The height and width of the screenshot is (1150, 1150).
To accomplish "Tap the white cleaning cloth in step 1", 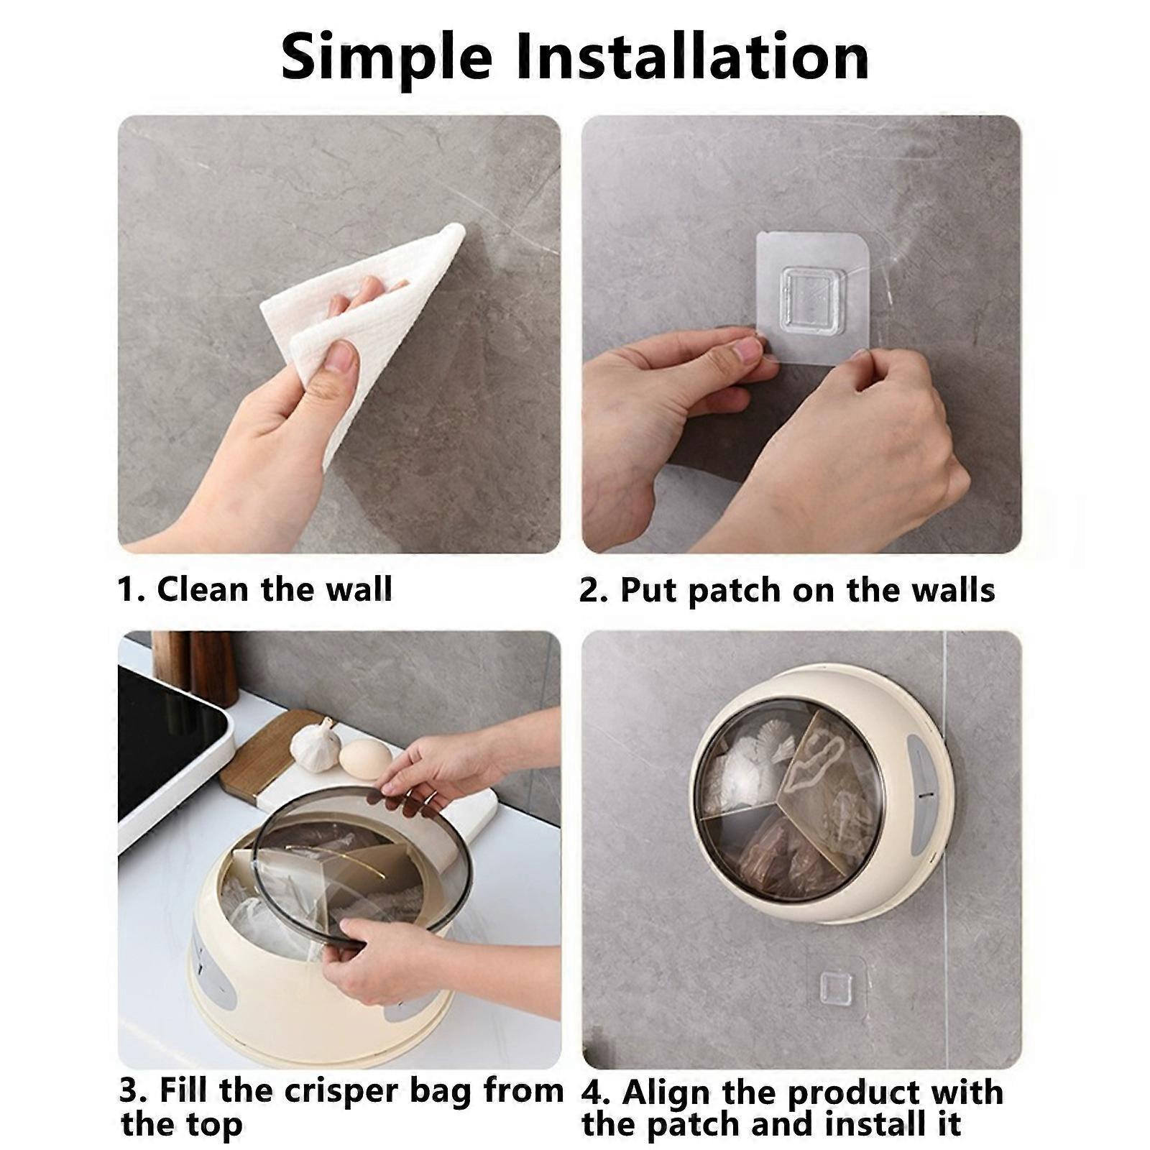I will [374, 316].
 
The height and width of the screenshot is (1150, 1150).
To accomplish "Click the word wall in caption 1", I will [359, 589].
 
